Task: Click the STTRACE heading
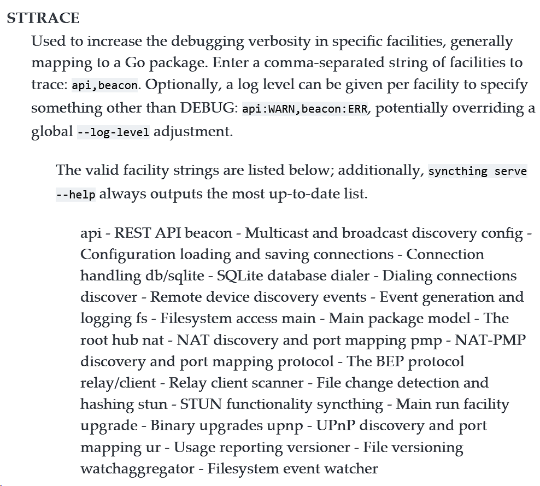tap(43, 18)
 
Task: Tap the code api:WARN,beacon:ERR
tap(305, 109)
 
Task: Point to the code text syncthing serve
tap(477, 171)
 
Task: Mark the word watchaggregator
tap(137, 469)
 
